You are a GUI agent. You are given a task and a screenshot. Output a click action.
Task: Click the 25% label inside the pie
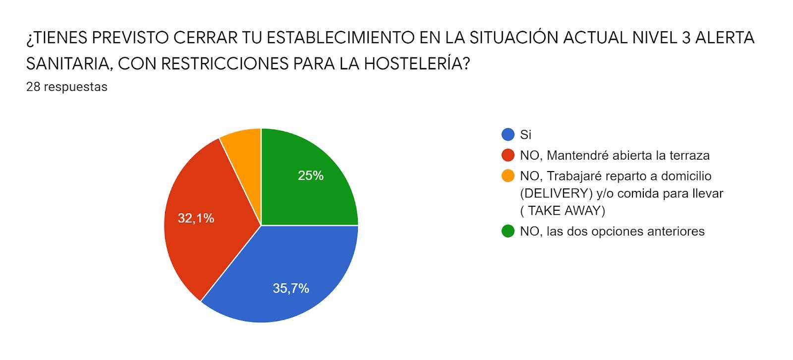click(x=311, y=176)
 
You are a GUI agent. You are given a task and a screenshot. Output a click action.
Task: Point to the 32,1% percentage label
click(x=196, y=218)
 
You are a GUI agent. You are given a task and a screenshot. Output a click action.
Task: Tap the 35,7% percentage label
click(x=291, y=288)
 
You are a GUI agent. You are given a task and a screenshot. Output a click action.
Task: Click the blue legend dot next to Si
click(x=508, y=134)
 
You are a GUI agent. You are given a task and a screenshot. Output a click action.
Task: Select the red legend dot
click(x=508, y=155)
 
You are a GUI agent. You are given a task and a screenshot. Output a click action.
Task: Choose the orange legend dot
click(x=508, y=176)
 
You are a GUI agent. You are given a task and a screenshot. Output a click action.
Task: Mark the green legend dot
click(x=508, y=231)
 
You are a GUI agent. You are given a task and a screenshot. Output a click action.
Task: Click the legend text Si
click(x=525, y=134)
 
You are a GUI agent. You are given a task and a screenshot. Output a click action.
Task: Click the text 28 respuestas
click(x=67, y=87)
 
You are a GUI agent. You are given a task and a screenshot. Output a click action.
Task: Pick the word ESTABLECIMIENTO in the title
click(x=336, y=38)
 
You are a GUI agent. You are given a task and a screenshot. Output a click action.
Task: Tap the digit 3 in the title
click(x=686, y=38)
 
